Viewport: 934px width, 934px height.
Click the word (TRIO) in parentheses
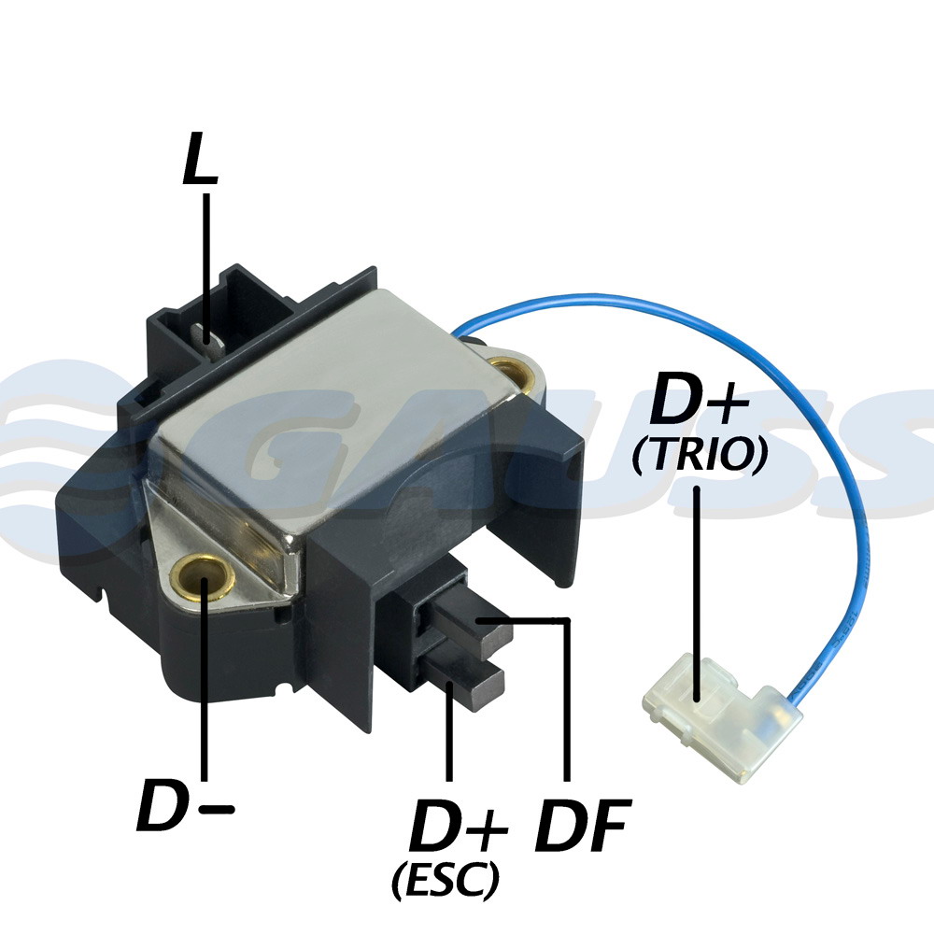point(700,456)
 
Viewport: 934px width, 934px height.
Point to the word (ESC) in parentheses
point(446,880)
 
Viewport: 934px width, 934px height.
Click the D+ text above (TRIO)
point(700,398)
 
